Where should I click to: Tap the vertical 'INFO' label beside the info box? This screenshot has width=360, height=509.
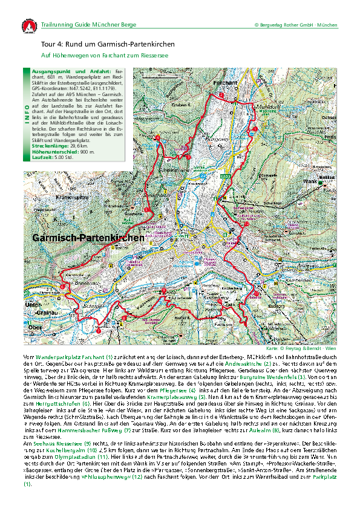point(25,115)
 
